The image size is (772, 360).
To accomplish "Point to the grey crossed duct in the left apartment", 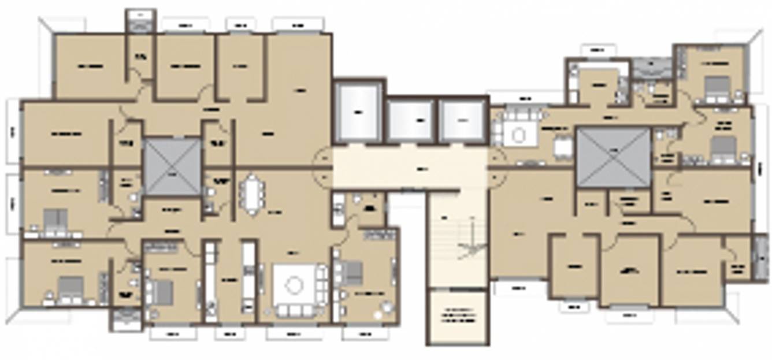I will click(172, 166).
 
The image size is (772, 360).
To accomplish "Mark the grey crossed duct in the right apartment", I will click(614, 157).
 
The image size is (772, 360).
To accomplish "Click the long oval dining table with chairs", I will click(252, 194).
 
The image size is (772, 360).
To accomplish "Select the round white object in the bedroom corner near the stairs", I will click(378, 315).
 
